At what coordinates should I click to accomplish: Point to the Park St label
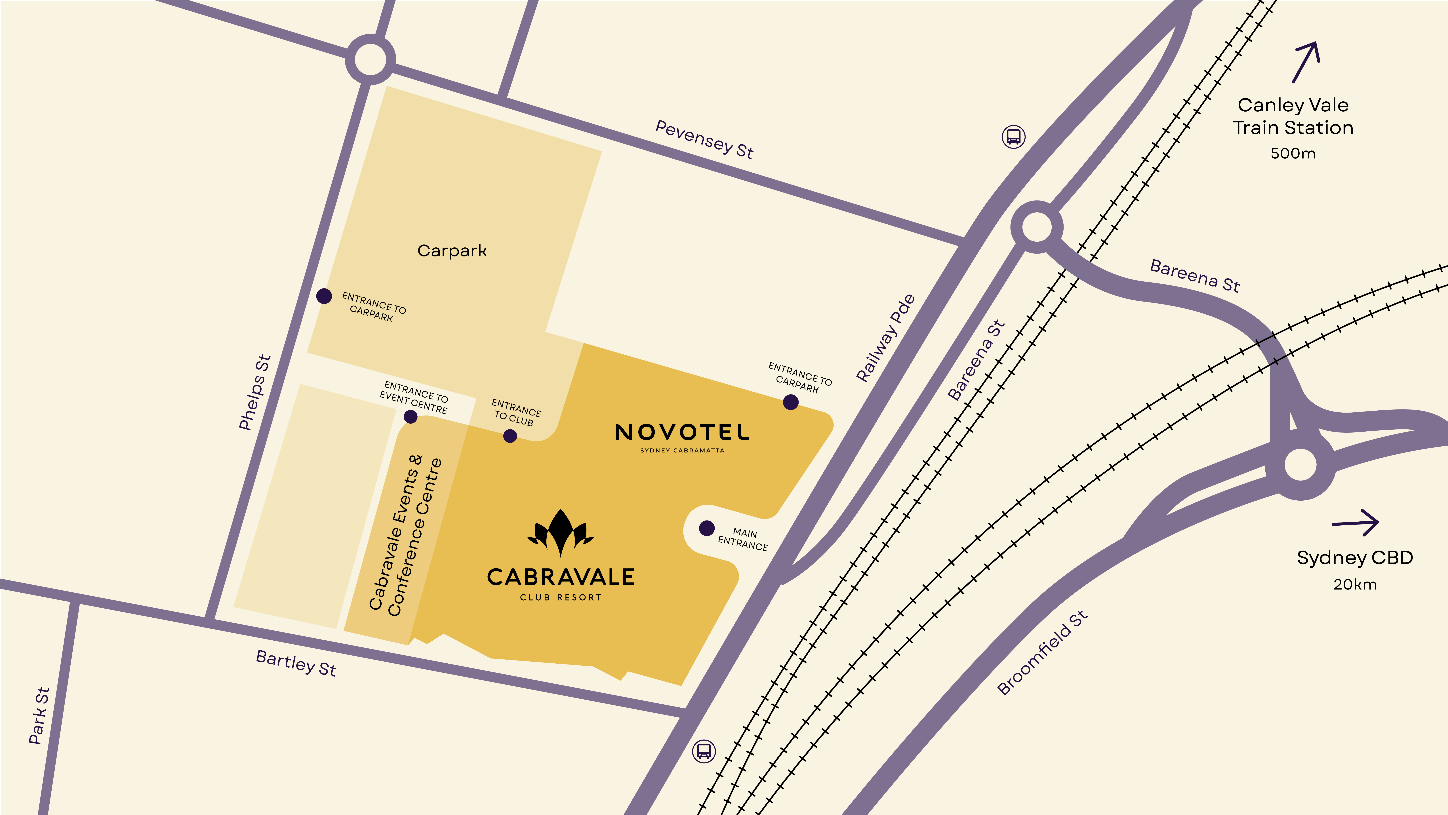39,715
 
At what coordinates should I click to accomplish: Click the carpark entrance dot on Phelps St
324,296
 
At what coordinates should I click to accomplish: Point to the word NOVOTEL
682,432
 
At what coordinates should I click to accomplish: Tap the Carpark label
452,251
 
